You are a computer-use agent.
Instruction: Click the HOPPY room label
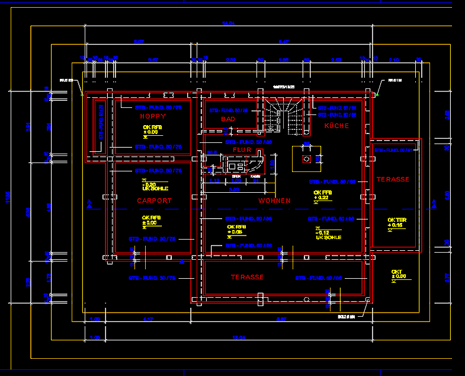[153, 116]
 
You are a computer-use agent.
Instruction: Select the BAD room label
[228, 119]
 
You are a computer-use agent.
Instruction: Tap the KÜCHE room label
[336, 126]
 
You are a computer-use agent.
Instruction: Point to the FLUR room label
[242, 150]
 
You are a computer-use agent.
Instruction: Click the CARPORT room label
[154, 200]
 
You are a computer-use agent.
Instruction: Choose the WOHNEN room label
[274, 201]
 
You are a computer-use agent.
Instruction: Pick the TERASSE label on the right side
[393, 179]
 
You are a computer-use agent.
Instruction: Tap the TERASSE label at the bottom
[247, 277]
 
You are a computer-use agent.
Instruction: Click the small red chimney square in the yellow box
[306, 159]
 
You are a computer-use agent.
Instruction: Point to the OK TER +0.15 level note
[396, 223]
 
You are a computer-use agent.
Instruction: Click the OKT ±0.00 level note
[398, 275]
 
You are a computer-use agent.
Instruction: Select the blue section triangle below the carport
[182, 261]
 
